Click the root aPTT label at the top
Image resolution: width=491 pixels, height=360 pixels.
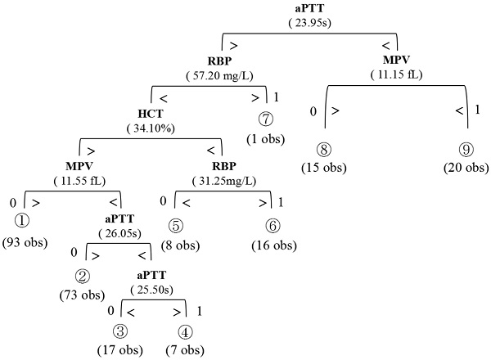click(309, 9)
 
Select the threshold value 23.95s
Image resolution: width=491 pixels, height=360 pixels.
click(309, 22)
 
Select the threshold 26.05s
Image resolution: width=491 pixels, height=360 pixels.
click(121, 233)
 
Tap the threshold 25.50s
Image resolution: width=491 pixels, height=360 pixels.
click(154, 290)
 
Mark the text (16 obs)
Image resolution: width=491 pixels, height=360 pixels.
click(271, 245)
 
